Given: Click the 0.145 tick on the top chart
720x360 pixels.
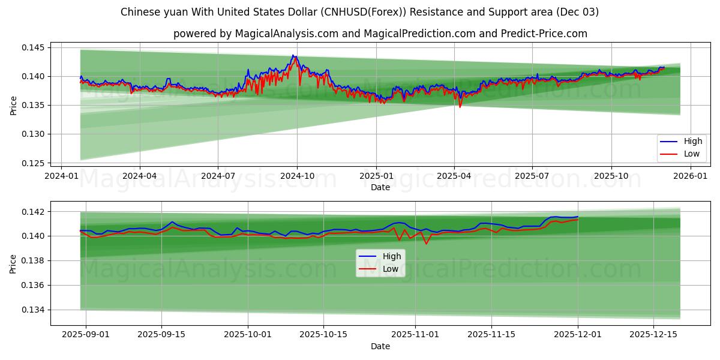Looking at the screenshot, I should click(x=35, y=47).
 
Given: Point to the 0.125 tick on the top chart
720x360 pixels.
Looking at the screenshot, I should click(x=35, y=163).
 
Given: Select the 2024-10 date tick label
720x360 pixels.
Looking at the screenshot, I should click(x=297, y=176).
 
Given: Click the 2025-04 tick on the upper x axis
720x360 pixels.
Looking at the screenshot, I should click(x=454, y=176).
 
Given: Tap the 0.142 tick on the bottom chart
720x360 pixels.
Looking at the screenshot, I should click(x=35, y=212).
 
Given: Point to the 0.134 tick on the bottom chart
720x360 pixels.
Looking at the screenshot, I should click(x=35, y=310).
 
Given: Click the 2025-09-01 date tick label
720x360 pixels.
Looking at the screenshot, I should click(x=86, y=335).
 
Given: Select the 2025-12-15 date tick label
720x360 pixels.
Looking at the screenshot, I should click(x=654, y=335).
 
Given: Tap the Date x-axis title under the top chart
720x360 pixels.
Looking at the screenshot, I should click(x=380, y=187).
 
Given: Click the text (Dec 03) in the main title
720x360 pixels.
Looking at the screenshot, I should click(x=576, y=12).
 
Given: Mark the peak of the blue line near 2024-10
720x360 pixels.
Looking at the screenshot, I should click(x=293, y=55).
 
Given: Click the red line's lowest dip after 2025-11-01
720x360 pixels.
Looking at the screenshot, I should click(x=426, y=244).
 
